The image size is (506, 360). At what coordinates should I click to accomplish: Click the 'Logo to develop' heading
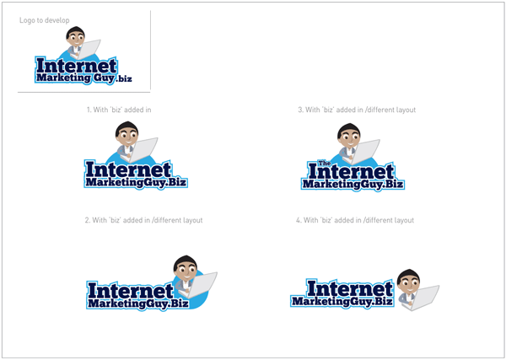44,20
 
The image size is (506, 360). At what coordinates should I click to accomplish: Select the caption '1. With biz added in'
119,110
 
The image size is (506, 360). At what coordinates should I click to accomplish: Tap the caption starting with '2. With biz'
143,220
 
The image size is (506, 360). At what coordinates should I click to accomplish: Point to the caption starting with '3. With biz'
357,110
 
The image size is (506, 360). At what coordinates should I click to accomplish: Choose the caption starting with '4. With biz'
355,220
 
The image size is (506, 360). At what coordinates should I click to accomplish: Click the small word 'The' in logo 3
325,163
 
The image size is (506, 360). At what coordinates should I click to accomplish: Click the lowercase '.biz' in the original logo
124,78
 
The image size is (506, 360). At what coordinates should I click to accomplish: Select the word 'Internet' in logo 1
128,169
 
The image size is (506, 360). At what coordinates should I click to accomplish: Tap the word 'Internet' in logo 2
131,290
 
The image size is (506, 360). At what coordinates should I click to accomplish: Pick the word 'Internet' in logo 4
349,288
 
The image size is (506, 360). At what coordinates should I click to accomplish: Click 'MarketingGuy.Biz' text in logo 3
353,184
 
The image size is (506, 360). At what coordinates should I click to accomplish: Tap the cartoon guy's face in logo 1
126,137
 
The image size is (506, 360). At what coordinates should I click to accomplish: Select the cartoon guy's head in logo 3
349,135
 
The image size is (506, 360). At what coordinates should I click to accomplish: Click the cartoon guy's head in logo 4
408,281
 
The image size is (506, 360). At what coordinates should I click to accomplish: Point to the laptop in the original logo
88,49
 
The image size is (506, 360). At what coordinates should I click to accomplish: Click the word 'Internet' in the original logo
76,66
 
